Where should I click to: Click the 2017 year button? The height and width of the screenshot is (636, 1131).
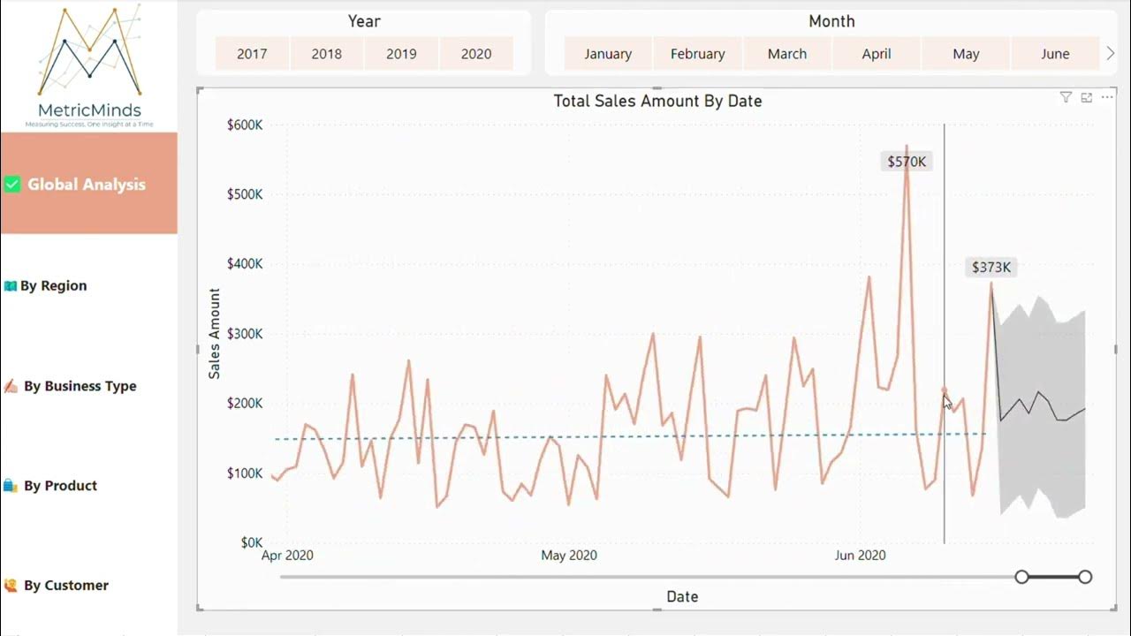coord(252,54)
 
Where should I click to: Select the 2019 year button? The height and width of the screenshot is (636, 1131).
coord(401,54)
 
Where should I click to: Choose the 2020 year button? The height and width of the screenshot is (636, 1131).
coord(475,54)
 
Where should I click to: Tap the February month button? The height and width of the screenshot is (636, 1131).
coord(697,54)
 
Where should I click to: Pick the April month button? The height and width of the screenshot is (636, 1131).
coord(876,54)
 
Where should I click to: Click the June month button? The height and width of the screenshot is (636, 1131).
coord(1055,54)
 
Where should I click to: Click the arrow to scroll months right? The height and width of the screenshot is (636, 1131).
coord(1111,54)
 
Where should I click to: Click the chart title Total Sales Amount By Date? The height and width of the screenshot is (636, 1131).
coord(657,101)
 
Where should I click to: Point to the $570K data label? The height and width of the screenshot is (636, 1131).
coord(907,162)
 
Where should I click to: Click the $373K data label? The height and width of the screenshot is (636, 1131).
coord(991,267)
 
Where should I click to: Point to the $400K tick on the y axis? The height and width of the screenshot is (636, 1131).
coord(245,264)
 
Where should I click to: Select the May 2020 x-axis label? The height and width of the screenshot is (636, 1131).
coord(569,556)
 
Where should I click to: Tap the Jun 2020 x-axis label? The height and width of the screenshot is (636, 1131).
coord(860,556)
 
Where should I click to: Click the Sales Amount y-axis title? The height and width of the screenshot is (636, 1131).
coord(215,334)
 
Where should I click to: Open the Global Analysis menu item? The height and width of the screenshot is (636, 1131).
coord(87,185)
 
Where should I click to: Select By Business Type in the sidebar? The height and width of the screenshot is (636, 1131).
coord(80,386)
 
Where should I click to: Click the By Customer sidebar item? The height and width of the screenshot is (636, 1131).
coord(66,585)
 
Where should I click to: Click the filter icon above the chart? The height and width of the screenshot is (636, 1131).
coord(1066,98)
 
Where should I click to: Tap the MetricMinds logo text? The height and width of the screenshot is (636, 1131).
coord(89,110)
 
